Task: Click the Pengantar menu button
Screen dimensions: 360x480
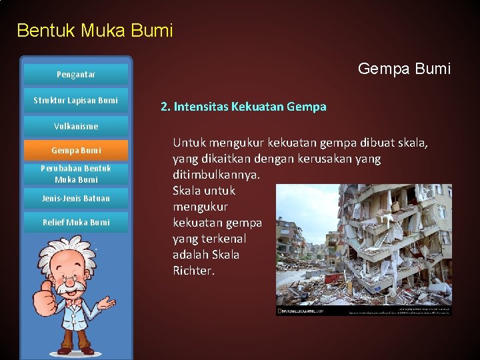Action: point(75,75)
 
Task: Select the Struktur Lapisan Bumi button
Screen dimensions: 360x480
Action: point(75,101)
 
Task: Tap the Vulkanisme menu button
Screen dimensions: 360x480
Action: point(75,126)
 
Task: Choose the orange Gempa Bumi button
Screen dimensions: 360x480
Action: point(75,151)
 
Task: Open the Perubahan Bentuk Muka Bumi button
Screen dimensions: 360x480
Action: point(75,174)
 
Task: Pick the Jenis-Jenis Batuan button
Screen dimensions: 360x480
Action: point(75,199)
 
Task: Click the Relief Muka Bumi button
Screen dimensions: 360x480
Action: point(75,223)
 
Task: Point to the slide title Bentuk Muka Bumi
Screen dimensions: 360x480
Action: point(95,31)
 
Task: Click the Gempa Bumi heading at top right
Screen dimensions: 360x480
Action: point(404,69)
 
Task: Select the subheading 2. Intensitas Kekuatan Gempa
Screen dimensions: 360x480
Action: point(243,107)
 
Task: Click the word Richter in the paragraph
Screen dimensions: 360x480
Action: point(193,271)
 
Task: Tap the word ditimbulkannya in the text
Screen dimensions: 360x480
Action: point(217,175)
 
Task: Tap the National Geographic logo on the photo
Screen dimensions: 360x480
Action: point(300,311)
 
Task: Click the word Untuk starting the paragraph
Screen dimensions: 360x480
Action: point(189,143)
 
